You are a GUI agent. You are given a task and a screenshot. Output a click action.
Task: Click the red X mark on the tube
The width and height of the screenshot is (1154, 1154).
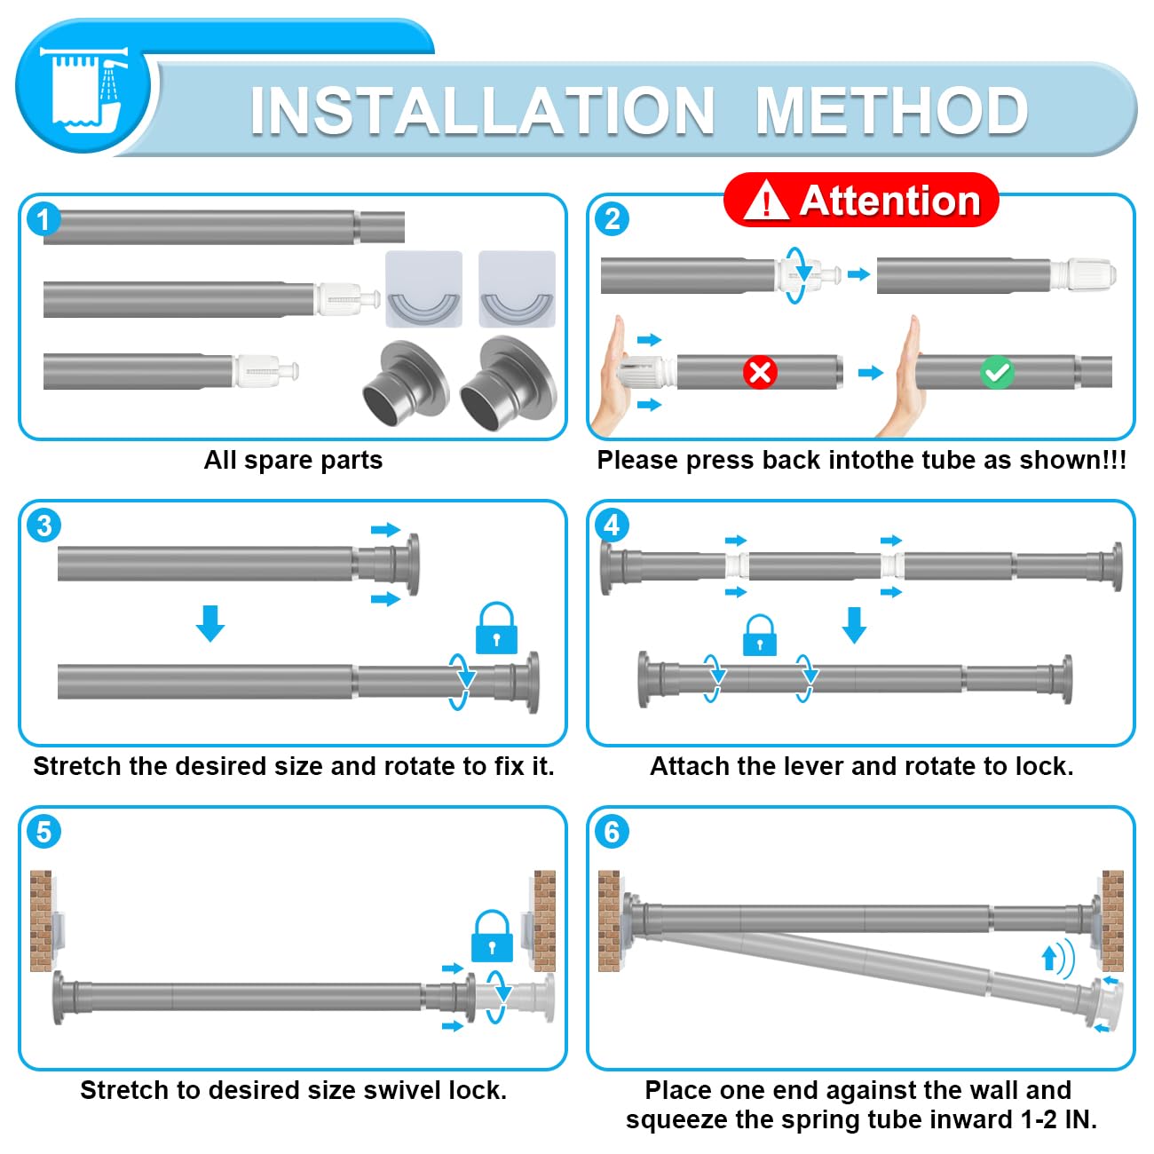click(x=760, y=373)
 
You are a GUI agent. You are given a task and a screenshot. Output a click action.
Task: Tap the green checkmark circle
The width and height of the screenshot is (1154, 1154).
click(x=997, y=373)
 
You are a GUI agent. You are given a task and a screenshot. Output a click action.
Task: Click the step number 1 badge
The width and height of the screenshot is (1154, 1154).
click(x=43, y=219)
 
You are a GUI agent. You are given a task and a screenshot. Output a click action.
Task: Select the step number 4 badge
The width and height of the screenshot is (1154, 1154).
click(x=612, y=526)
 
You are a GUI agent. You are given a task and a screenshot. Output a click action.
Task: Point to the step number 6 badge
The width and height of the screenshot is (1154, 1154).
click(x=612, y=832)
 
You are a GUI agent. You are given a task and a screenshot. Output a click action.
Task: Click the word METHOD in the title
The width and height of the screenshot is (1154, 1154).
click(x=892, y=111)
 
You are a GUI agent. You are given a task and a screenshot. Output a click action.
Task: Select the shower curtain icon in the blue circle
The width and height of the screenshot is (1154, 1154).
click(x=83, y=87)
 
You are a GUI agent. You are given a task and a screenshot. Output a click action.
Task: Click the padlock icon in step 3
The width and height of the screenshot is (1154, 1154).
click(x=496, y=628)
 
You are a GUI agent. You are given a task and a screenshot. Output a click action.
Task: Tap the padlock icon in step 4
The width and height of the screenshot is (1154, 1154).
click(x=759, y=635)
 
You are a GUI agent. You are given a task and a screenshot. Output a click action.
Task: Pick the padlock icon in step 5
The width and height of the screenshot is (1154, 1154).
click(x=493, y=936)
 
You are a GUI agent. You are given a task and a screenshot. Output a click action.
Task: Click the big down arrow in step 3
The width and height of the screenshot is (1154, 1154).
click(x=210, y=623)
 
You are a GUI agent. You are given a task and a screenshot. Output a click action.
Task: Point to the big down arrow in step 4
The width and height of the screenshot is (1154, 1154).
click(x=854, y=625)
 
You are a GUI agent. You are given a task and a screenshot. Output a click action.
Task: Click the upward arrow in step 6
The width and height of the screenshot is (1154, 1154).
click(x=1048, y=958)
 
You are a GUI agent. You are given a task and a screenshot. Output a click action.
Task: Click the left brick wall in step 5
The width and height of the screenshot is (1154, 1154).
click(x=41, y=921)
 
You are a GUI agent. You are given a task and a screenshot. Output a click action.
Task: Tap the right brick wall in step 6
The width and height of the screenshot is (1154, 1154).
click(x=1112, y=921)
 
